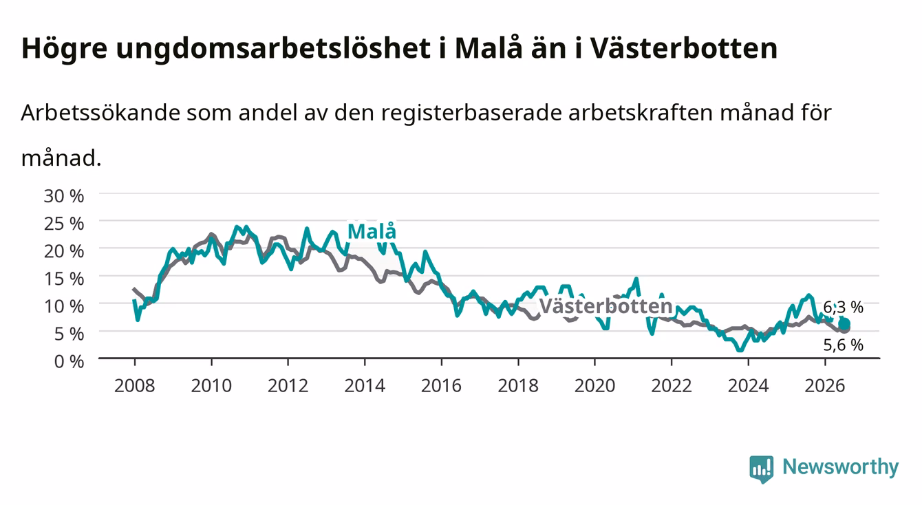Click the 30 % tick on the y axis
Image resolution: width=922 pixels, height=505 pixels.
64,196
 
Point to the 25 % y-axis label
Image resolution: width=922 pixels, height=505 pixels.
64,224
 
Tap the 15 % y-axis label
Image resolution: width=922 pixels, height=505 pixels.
64,279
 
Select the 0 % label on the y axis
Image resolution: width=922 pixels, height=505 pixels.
69,361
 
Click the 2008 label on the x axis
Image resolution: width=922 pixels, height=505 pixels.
135,386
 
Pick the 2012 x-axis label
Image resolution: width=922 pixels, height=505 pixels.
288,386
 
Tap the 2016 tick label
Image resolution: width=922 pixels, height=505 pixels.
441,386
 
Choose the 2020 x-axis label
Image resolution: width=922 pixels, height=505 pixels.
594,386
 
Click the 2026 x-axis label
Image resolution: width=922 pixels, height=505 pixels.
825,386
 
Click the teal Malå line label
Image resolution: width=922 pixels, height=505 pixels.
372,231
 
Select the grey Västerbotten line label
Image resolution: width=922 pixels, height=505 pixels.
605,306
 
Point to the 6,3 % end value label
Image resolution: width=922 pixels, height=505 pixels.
843,307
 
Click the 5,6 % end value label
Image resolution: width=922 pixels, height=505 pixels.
843,345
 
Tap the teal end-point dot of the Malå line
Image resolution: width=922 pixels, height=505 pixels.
844,324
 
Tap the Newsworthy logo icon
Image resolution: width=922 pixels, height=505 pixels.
762,469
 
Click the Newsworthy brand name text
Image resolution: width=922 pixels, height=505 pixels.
841,467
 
